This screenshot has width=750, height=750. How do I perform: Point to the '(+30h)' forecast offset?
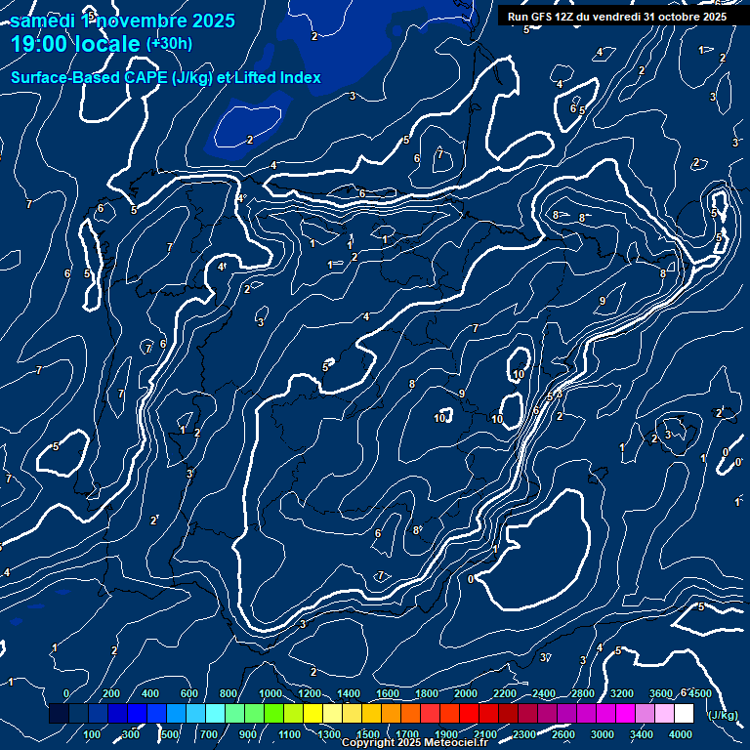(169, 43)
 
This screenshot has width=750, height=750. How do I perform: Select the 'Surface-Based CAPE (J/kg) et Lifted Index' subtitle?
(166, 77)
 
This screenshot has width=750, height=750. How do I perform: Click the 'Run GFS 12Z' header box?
(616, 17)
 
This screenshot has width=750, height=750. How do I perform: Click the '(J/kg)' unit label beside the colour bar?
(722, 716)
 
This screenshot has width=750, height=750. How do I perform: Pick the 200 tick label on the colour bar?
(111, 693)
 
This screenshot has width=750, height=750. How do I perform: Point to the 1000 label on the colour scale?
(270, 693)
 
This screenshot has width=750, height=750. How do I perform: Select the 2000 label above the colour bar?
(465, 693)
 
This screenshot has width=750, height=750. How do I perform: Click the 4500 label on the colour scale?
(699, 693)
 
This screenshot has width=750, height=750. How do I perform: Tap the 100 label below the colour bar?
(93, 734)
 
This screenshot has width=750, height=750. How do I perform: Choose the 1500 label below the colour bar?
(368, 734)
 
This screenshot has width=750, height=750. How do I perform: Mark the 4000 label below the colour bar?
(681, 734)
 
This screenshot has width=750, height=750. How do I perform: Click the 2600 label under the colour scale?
(563, 734)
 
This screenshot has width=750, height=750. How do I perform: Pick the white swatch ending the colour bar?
(684, 714)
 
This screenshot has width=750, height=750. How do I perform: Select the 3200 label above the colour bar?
(621, 693)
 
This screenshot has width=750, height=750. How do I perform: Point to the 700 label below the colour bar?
(210, 734)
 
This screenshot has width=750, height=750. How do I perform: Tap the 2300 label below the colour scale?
(523, 734)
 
